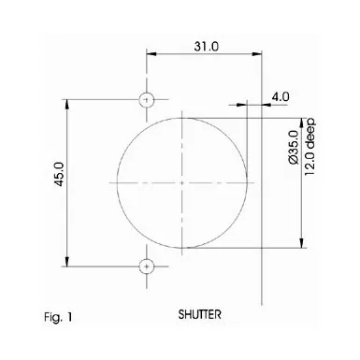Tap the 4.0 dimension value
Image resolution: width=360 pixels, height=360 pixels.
(x=281, y=96)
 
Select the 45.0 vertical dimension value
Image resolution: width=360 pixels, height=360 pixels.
(x=59, y=174)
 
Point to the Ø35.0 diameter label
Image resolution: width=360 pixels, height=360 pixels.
(x=294, y=147)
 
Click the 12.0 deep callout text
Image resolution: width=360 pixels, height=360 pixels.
(x=310, y=147)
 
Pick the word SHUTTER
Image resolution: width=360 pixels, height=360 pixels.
(x=200, y=314)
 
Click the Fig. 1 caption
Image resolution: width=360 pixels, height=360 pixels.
(x=58, y=317)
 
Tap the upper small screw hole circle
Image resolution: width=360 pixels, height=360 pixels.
(x=146, y=100)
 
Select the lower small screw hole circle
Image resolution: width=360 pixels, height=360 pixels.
(x=146, y=266)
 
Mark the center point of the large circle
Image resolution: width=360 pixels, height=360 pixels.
(x=182, y=182)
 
